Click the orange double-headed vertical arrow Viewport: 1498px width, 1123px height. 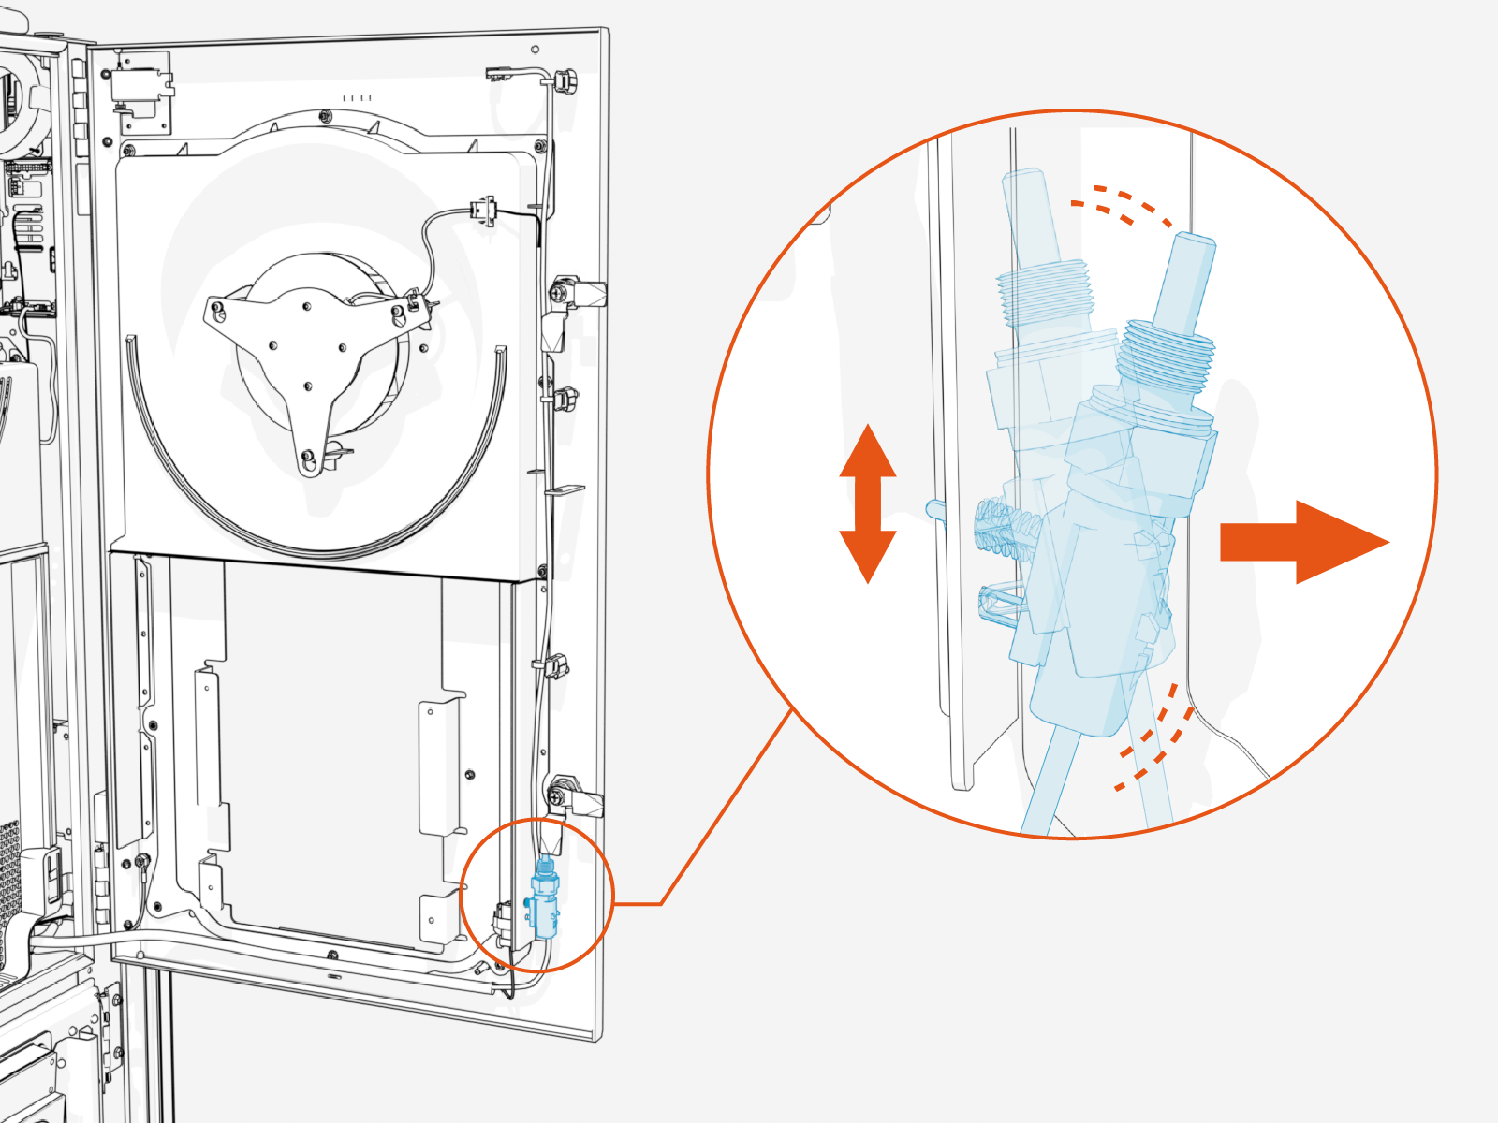coord(868,503)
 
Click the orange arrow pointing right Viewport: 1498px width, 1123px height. coord(1301,542)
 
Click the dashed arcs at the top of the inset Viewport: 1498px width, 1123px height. coord(1120,207)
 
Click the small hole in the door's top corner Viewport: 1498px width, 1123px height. coord(535,50)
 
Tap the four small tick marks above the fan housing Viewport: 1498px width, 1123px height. coord(357,97)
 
